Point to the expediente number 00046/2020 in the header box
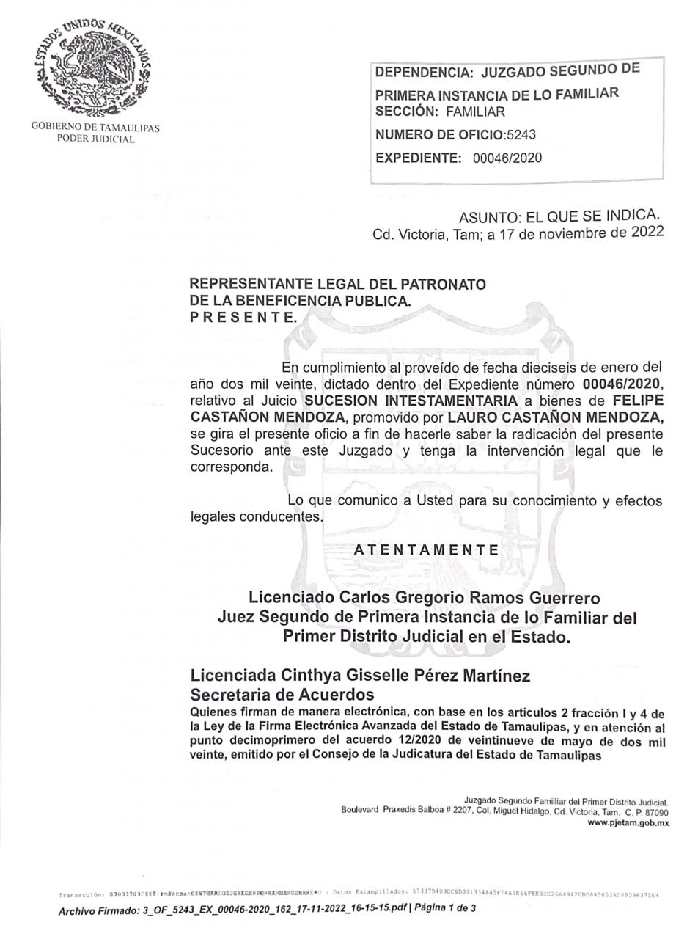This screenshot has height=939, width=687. (x=507, y=158)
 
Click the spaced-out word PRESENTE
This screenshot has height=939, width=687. (x=243, y=317)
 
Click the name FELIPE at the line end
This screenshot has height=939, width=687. (x=637, y=401)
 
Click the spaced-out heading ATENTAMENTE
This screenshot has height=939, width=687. (x=426, y=549)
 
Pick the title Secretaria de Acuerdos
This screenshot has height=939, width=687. (x=282, y=695)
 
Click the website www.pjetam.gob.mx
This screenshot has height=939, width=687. (x=628, y=823)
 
